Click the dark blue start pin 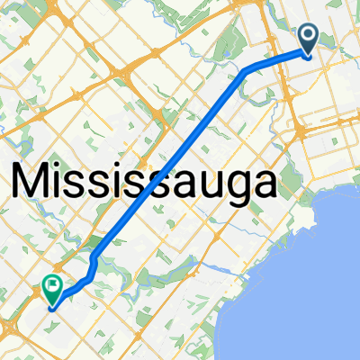[308, 39]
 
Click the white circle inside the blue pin [308, 36]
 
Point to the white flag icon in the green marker [52, 287]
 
